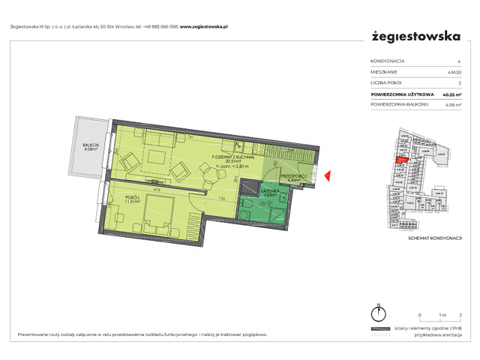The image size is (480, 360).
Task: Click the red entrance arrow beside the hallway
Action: (x=326, y=175)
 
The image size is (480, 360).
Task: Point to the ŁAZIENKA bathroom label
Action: (x=270, y=191)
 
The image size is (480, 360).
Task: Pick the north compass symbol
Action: (x=381, y=314)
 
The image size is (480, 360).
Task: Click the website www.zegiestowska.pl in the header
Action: (x=204, y=26)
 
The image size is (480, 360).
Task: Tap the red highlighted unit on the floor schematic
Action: (x=403, y=159)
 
